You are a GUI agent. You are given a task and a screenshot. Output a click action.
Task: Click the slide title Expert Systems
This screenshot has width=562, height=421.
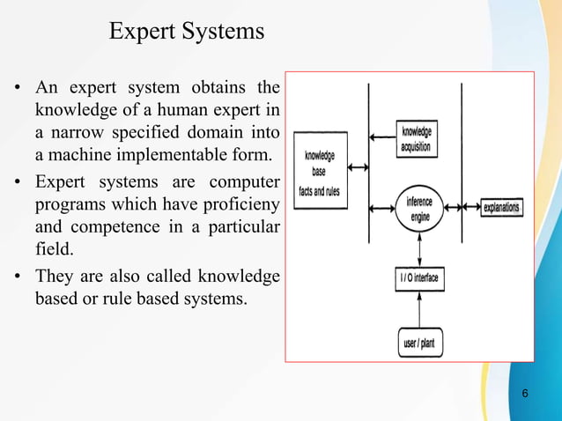click(x=186, y=33)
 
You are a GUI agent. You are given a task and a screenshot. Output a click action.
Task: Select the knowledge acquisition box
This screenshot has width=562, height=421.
click(x=417, y=138)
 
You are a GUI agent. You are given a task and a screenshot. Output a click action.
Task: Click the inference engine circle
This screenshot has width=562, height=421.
click(x=419, y=208)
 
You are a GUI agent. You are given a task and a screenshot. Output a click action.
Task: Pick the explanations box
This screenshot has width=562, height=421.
click(x=501, y=209)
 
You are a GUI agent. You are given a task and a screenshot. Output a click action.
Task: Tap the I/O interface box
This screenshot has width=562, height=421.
click(x=419, y=281)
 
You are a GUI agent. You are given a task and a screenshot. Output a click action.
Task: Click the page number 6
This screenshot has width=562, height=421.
click(x=525, y=393)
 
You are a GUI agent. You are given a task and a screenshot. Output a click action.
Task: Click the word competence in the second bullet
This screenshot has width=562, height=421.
click(x=106, y=228)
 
